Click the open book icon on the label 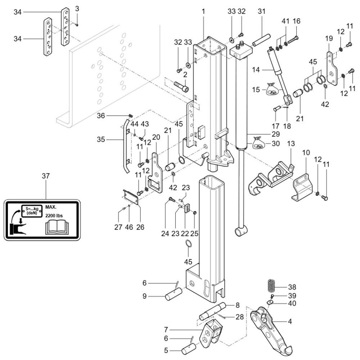[x=55, y=228]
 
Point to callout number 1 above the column [x=203, y=12]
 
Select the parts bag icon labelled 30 [x=258, y=143]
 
